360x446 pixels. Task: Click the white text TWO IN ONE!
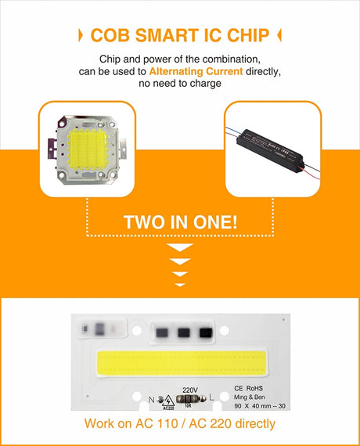[x=180, y=221]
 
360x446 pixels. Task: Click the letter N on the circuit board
[x=152, y=399]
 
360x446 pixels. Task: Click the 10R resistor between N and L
[x=188, y=405]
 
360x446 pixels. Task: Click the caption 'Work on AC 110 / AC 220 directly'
[x=180, y=425]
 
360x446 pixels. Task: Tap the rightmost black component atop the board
[x=204, y=332]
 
